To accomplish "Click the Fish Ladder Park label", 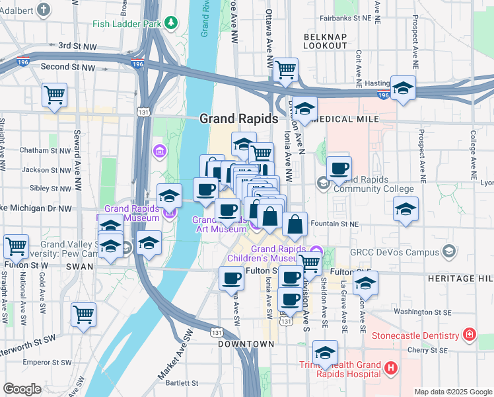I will point(127,24).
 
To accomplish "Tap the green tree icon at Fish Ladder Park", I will point(172,23).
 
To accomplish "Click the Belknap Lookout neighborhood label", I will point(325,40).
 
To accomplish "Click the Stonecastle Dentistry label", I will point(416,335).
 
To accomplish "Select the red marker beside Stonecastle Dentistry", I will point(470,335).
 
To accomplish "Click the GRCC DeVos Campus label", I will point(404,252).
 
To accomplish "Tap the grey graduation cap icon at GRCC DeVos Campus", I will point(449,251).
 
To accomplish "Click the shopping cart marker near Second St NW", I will point(55,94).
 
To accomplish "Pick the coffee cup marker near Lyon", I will point(339,168).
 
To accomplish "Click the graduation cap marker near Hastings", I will point(402,89).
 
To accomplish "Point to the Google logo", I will point(22,389).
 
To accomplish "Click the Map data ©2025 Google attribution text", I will point(452,392).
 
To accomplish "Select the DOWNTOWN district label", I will point(246,344).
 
